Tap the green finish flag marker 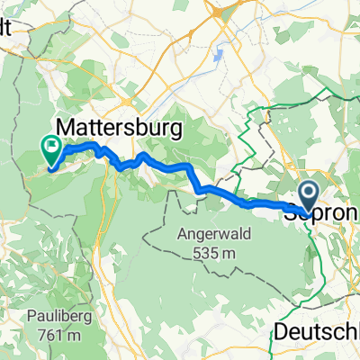[50, 149]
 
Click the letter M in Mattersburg [68, 125]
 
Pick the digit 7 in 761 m [36, 337]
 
